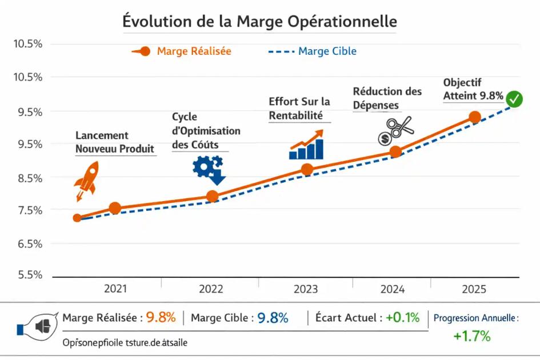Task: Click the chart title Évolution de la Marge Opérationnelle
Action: coord(259,21)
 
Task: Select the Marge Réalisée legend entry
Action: coord(182,51)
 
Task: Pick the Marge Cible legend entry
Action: coord(313,51)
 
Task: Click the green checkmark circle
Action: coord(515,99)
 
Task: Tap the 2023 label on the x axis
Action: coord(306,289)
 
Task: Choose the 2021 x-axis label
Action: coord(115,289)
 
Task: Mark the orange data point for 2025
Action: coord(475,117)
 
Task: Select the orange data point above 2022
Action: coord(212,197)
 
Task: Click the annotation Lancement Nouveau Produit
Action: coord(115,142)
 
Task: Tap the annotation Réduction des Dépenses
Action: coord(387,98)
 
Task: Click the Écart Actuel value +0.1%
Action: coord(402,317)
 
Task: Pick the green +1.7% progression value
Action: coord(472,336)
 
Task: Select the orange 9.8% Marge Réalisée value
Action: coord(161,318)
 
